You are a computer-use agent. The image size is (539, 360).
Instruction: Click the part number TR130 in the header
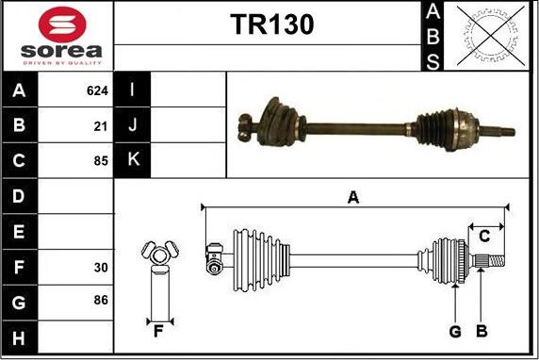271,25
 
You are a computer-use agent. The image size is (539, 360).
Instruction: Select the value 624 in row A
97,91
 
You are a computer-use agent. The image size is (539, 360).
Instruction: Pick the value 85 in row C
101,161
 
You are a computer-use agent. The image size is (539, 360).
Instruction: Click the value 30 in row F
101,268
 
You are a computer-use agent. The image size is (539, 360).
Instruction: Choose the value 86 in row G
101,301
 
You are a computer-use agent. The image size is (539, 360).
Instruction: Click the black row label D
19,196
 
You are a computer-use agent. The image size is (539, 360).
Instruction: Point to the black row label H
19,337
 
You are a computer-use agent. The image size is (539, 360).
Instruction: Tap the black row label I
132,91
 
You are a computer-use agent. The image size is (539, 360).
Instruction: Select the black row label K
132,160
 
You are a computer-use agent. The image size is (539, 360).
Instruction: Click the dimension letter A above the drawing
353,197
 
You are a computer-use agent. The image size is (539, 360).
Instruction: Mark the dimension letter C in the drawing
485,235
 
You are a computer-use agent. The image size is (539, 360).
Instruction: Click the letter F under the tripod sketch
158,330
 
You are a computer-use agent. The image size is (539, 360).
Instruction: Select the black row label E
19,232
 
